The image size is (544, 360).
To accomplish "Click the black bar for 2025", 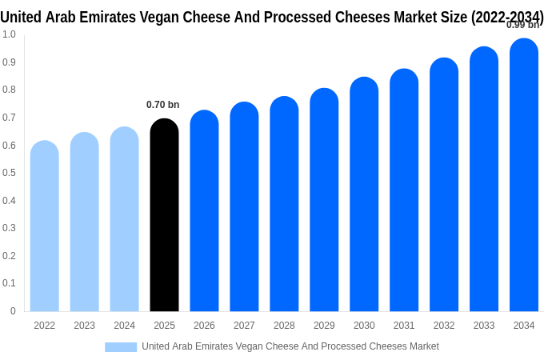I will click(x=164, y=216).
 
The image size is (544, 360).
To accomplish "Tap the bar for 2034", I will click(x=524, y=176).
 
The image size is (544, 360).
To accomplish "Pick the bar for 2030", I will click(x=364, y=195).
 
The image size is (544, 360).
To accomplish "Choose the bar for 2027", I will click(x=244, y=207).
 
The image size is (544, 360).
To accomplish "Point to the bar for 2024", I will click(x=124, y=220).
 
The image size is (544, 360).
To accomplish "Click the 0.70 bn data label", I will click(x=163, y=105).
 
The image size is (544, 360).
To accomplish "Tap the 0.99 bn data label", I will click(x=522, y=25).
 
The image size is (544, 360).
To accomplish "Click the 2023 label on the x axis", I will click(x=85, y=326).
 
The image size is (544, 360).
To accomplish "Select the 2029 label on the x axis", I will click(x=324, y=326).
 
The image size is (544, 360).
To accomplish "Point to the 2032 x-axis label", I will click(x=444, y=326).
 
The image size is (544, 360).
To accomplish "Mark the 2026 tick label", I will click(x=204, y=326).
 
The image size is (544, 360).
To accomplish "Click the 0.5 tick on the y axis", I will click(x=9, y=173).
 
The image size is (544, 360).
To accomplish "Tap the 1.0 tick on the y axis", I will click(x=9, y=34).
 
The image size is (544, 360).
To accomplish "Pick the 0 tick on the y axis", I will click(x=13, y=311).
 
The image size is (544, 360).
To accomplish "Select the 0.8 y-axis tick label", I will click(x=9, y=90).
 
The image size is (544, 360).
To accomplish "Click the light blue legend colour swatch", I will click(x=121, y=347).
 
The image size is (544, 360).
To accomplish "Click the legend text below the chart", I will click(x=290, y=346).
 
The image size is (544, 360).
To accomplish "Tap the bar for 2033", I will click(x=484, y=180).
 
